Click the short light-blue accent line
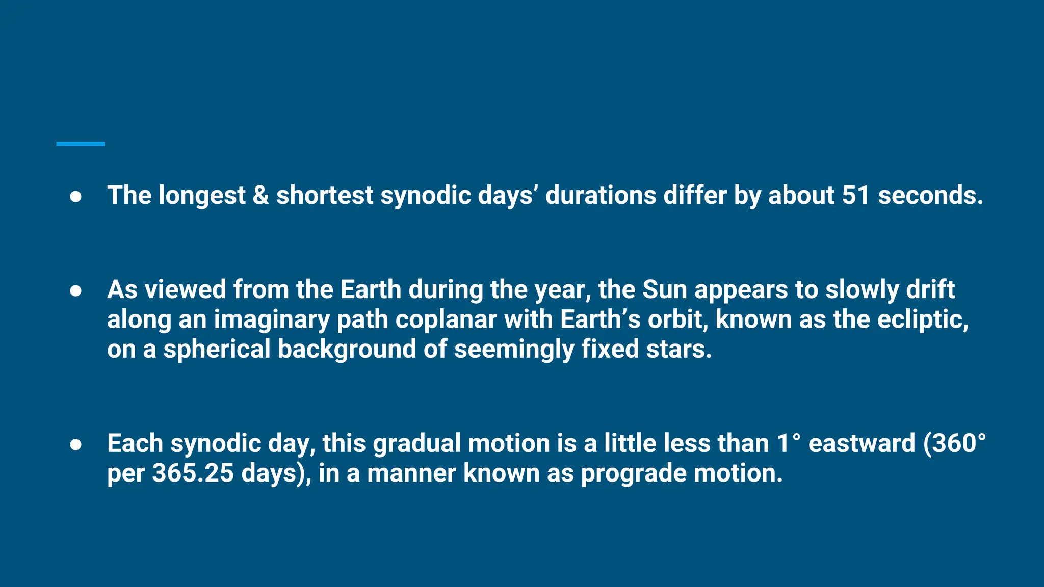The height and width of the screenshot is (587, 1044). click(81, 144)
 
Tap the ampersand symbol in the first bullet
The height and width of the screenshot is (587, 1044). click(260, 195)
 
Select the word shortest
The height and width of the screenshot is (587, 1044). click(325, 196)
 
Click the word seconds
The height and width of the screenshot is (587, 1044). click(930, 195)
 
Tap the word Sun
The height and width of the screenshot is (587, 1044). click(665, 289)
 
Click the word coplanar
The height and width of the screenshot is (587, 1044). click(446, 320)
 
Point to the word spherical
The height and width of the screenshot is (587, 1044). click(217, 350)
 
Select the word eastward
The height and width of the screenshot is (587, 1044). click(862, 443)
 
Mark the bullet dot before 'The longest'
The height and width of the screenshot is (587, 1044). click(75, 197)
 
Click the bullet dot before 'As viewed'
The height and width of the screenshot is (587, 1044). click(75, 290)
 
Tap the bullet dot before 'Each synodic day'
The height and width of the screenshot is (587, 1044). click(75, 444)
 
